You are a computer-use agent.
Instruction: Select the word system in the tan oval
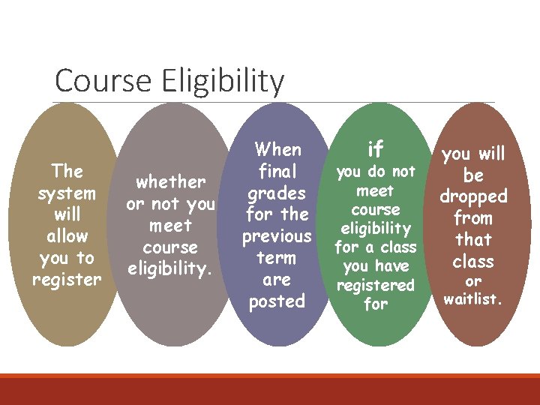(67, 193)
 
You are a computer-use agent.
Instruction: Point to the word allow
(67, 236)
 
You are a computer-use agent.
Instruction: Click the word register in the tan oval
(67, 280)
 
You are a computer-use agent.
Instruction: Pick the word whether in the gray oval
(170, 181)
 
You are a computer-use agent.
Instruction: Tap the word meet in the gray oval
(170, 225)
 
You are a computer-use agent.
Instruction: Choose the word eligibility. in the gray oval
(170, 268)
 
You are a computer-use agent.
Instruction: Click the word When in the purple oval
(277, 149)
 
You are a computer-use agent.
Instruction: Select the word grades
(277, 193)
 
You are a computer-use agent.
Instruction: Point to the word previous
(277, 236)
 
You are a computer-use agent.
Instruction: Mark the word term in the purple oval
(277, 258)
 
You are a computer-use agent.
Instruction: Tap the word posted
(277, 301)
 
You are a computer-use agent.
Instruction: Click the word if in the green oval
(375, 149)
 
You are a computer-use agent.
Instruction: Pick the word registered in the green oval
(375, 285)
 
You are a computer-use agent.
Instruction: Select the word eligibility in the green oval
(375, 228)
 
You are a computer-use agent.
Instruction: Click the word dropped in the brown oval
(473, 196)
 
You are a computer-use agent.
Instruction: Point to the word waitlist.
(473, 300)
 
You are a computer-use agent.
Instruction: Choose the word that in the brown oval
(473, 240)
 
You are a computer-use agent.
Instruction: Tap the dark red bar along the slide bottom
(270, 390)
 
